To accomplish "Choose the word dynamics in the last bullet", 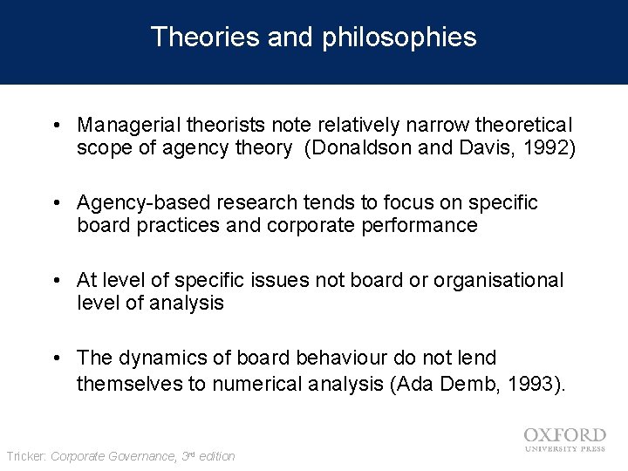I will pyautogui.click(x=153, y=358).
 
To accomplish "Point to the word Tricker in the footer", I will pyautogui.click(x=26, y=456).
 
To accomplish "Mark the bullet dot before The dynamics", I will pyautogui.click(x=56, y=358).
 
